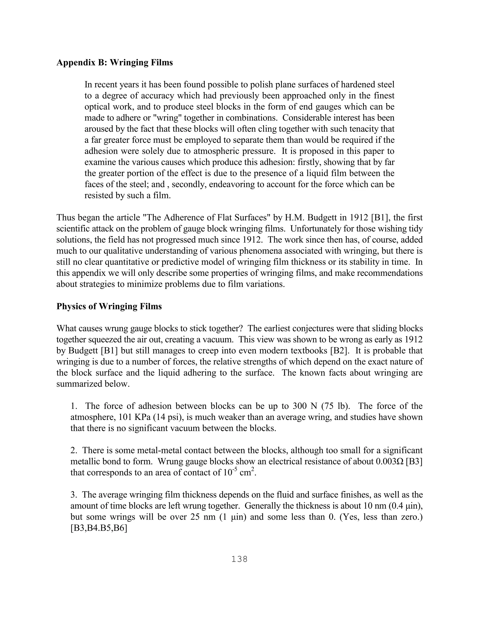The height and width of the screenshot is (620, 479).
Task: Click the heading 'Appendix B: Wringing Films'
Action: pyautogui.click(x=114, y=62)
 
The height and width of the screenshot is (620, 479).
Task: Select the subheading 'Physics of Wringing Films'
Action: pyautogui.click(x=109, y=306)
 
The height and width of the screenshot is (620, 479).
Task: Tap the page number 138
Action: pyautogui.click(x=239, y=559)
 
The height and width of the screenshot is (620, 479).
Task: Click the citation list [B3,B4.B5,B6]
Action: pyautogui.click(x=98, y=528)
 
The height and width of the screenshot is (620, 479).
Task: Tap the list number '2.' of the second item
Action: pyautogui.click(x=74, y=450)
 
